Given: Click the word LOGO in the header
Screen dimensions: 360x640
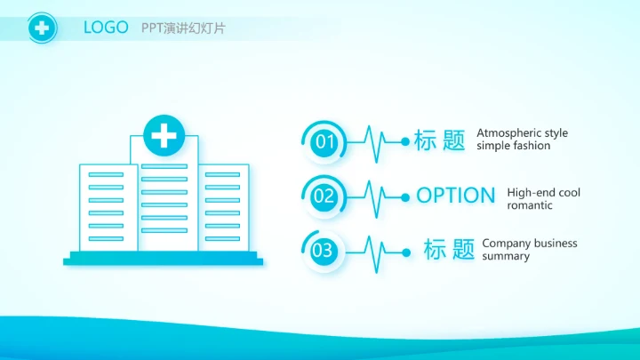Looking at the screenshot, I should (106, 28).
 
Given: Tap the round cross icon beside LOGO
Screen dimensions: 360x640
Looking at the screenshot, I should (41, 28).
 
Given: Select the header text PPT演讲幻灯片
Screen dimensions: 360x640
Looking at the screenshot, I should (183, 28).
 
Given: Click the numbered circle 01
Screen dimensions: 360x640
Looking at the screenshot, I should (325, 142).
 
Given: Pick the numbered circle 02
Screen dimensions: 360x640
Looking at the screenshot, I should (324, 196).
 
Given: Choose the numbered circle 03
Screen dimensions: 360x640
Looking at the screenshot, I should (324, 251).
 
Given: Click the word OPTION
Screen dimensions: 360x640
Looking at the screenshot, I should (456, 196).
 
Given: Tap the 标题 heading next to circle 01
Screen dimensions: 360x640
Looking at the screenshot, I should (440, 140).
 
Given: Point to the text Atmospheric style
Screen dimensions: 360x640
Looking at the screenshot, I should (522, 133).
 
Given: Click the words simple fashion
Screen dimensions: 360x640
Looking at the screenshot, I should (513, 146).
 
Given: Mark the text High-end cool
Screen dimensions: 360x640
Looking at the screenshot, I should (543, 192).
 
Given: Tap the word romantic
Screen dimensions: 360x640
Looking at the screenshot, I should (530, 205).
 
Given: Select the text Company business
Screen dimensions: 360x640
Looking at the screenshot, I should (529, 244).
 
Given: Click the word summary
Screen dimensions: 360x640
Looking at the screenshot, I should (506, 256).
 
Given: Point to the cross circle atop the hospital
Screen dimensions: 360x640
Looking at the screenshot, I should (164, 136).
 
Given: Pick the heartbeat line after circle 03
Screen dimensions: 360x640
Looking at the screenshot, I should (378, 251).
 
